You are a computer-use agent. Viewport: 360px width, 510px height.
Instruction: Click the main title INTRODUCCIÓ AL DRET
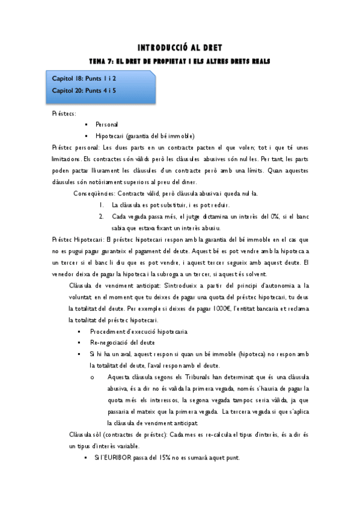[180, 48]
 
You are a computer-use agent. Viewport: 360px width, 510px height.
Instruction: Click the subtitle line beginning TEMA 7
[180, 61]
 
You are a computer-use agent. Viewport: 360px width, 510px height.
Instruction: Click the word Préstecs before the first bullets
[64, 113]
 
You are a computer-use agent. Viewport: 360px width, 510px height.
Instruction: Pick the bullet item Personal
[106, 124]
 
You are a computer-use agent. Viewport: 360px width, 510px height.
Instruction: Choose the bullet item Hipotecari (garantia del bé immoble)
[144, 135]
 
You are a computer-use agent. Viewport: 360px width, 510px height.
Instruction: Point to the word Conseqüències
[94, 193]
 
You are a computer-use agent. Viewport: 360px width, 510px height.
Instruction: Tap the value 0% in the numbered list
[257, 217]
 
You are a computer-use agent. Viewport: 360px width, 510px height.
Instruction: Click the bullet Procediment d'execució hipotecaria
[139, 331]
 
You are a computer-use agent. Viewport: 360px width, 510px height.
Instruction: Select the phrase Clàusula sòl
[88, 434]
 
